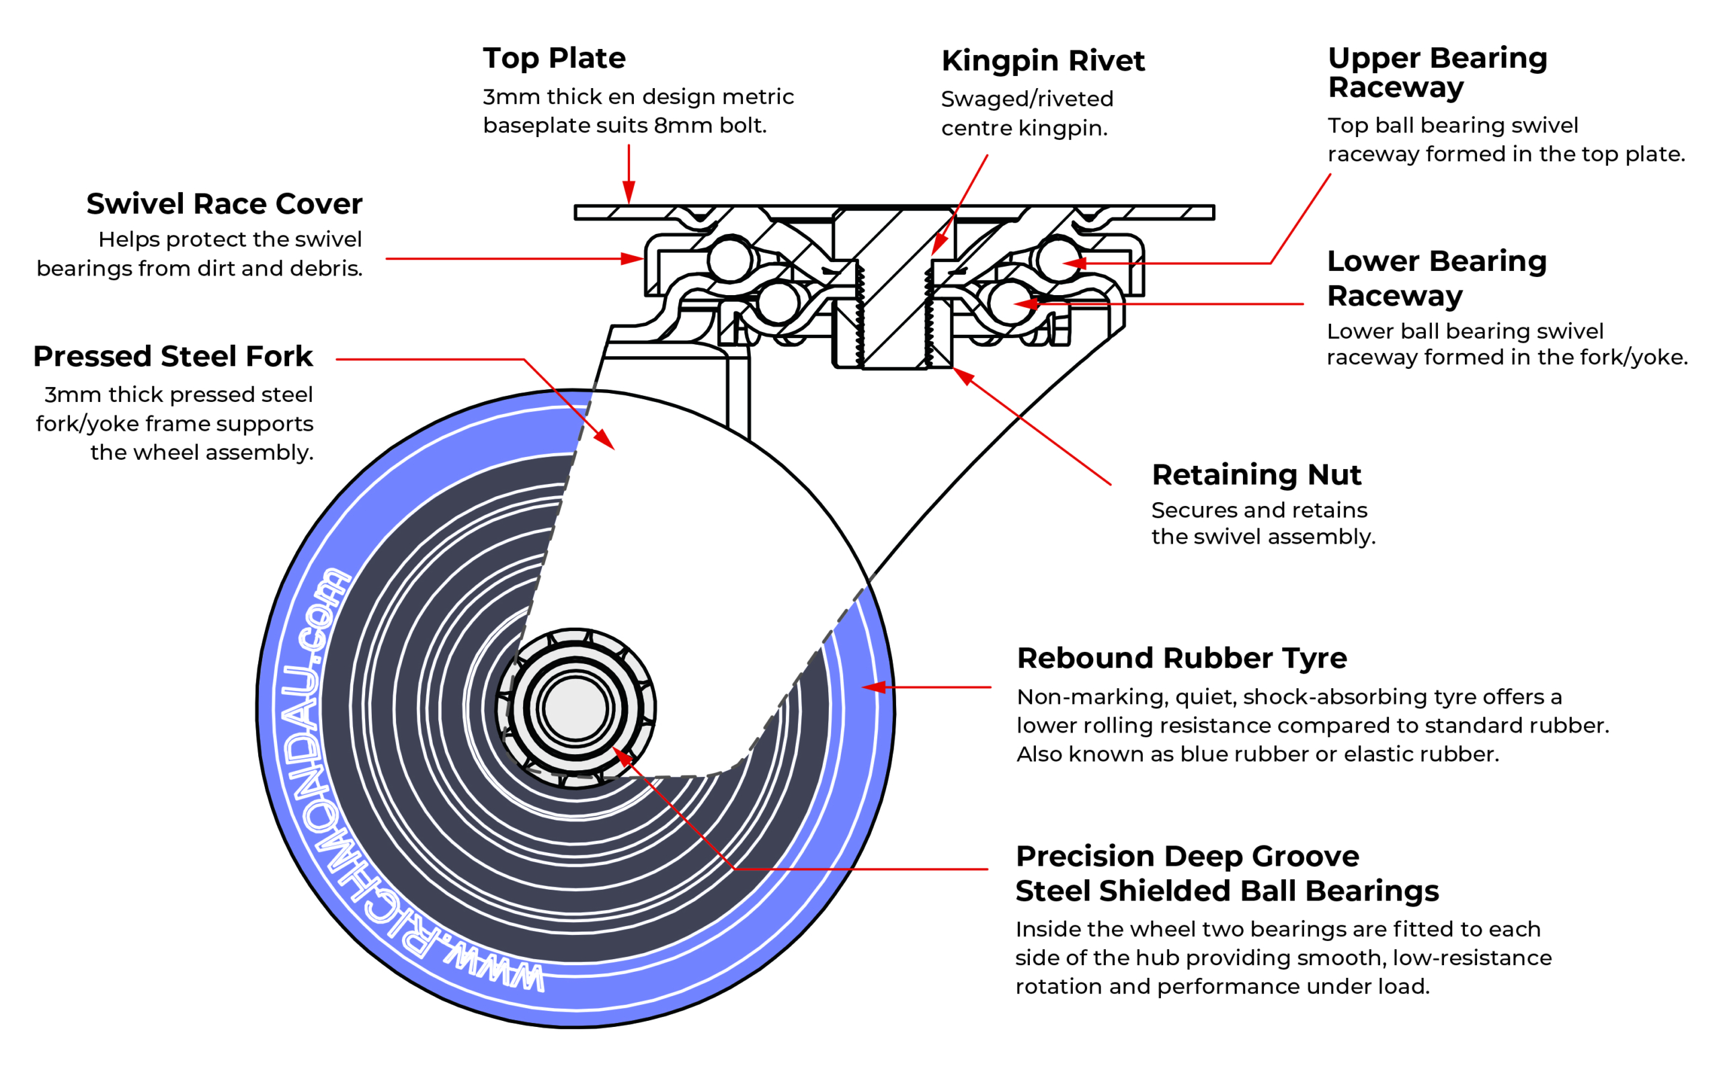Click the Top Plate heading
[554, 59]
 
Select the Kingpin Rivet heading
[1043, 62]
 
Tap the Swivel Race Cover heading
[224, 204]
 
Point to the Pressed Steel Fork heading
[173, 357]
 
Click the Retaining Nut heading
[1256, 475]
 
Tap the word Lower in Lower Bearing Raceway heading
[1373, 261]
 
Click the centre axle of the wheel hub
[575, 708]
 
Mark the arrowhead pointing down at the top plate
[629, 192]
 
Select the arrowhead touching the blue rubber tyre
[875, 687]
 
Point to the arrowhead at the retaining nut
[963, 376]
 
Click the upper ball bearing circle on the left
[730, 259]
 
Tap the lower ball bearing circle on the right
[1010, 302]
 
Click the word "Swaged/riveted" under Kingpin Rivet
[1027, 99]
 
